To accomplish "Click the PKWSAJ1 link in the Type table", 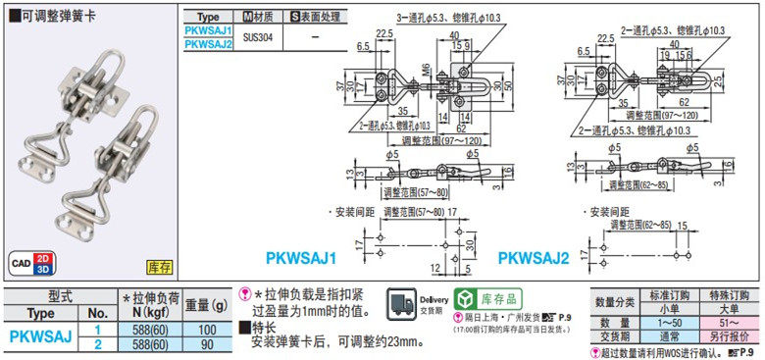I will pyautogui.click(x=208, y=30).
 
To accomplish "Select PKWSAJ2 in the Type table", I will pyautogui.click(x=208, y=43).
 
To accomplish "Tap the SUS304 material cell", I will pyautogui.click(x=258, y=36).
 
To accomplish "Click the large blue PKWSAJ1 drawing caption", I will pyautogui.click(x=301, y=259).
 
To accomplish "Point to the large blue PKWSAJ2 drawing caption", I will pyautogui.click(x=534, y=259).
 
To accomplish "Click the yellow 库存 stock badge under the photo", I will pyautogui.click(x=159, y=266).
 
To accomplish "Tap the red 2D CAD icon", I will pyautogui.click(x=42, y=258).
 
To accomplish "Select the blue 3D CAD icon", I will pyautogui.click(x=42, y=270).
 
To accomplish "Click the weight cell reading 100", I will pyautogui.click(x=207, y=330).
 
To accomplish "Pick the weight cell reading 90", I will pyautogui.click(x=207, y=344).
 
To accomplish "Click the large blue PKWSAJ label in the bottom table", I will pyautogui.click(x=40, y=336).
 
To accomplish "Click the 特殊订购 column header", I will pyautogui.click(x=729, y=294).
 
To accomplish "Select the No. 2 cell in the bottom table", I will pyautogui.click(x=98, y=344).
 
